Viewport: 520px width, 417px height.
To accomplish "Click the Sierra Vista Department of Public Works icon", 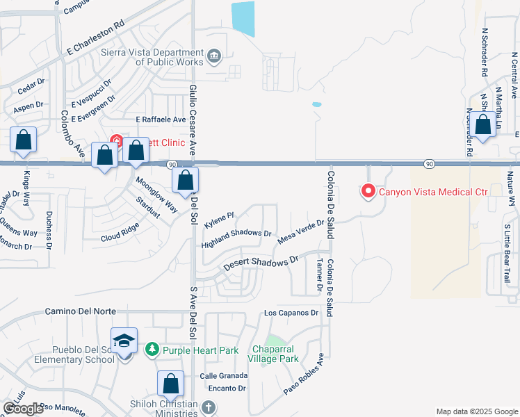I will (x=213, y=55).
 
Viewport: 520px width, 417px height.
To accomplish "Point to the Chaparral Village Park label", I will (x=275, y=354).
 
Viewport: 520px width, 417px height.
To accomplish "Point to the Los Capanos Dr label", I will (x=291, y=313).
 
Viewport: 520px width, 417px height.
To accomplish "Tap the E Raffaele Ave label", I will (x=161, y=120).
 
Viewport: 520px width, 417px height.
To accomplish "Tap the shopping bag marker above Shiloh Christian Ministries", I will (x=170, y=384).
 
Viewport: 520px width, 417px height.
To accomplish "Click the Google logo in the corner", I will (x=24, y=409).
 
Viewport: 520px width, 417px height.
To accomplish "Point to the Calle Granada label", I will (x=223, y=375).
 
